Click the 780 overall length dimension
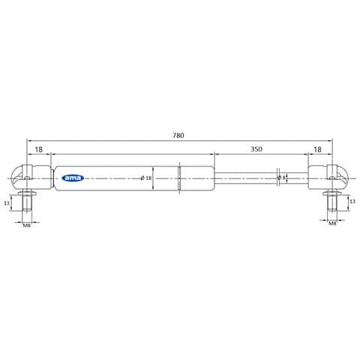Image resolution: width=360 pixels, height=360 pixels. pos(178,136)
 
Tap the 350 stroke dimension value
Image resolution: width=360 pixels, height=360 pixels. pos(256,149)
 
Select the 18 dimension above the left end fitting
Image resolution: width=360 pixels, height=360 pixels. pos(38,149)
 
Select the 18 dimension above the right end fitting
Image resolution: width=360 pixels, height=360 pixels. pos(317,149)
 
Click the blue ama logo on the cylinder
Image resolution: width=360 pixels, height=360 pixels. pos(73,178)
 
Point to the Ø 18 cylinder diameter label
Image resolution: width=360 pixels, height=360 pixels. pos(146,178)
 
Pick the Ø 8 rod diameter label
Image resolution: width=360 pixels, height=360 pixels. pos(282,178)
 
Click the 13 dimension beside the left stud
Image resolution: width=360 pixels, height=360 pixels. pos(7,203)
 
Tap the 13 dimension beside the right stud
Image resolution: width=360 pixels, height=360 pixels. pos(352,202)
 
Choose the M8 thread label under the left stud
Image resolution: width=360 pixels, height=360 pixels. pos(27,226)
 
